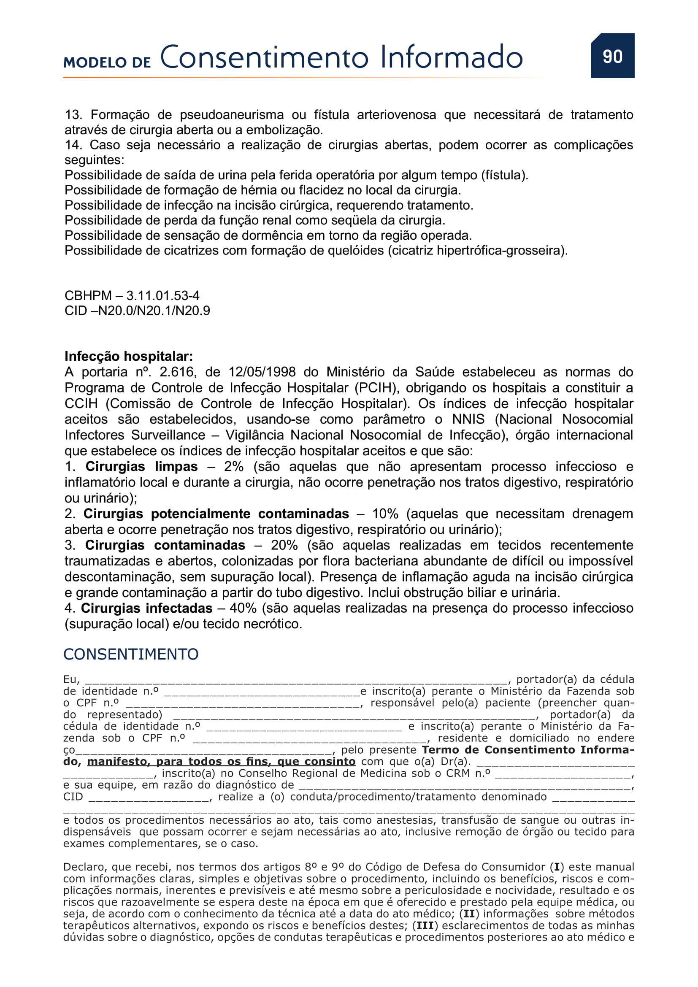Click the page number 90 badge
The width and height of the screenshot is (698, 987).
pyautogui.click(x=612, y=56)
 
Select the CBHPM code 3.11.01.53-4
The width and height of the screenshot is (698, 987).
pyautogui.click(x=162, y=296)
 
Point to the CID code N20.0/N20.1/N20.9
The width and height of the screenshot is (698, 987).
pyautogui.click(x=154, y=311)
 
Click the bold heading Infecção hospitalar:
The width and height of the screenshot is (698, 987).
pyautogui.click(x=129, y=357)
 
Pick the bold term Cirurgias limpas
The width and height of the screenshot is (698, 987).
pyautogui.click(x=141, y=466)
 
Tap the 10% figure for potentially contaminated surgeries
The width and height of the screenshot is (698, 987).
pyautogui.click(x=385, y=514)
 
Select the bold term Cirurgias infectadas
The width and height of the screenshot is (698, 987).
pyautogui.click(x=146, y=608)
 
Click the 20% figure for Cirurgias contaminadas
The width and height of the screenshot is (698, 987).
pyautogui.click(x=284, y=545)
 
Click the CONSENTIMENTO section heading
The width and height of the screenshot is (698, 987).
pyautogui.click(x=131, y=654)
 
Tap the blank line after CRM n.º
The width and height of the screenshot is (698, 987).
pyautogui.click(x=563, y=774)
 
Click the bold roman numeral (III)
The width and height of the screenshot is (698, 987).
pyautogui.click(x=425, y=926)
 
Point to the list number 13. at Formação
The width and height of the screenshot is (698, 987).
pyautogui.click(x=73, y=115)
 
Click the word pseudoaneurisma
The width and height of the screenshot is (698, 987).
pyautogui.click(x=232, y=115)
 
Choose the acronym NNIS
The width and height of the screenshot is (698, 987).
pyautogui.click(x=468, y=419)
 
